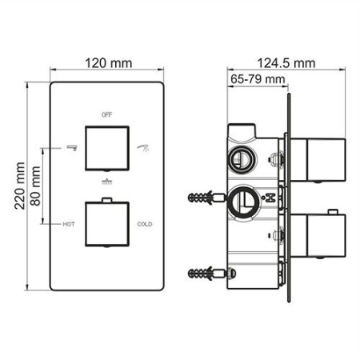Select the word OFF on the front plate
point(107,115)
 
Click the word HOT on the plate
point(68,225)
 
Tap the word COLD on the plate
point(145,225)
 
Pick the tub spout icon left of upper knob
point(70,146)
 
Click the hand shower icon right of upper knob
point(144,146)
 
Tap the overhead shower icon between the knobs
point(106,183)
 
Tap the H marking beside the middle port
point(272,196)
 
